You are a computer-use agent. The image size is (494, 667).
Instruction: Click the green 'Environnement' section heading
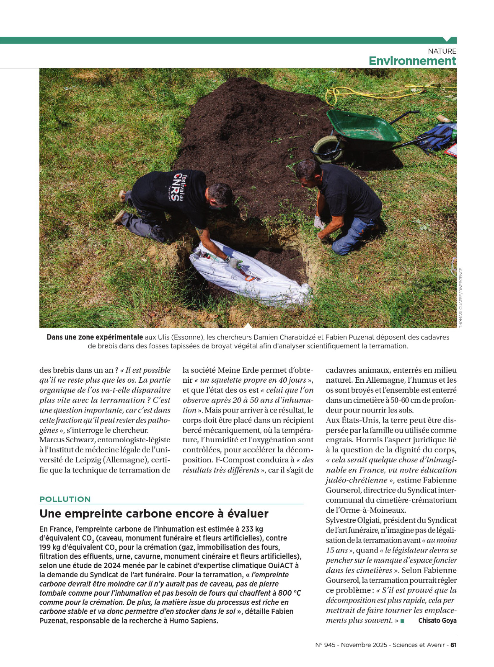click(412, 61)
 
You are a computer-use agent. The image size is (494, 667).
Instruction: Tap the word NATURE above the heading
click(442, 51)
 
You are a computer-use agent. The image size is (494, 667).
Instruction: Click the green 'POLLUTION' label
click(65, 499)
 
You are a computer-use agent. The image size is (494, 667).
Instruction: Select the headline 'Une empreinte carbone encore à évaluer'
click(154, 514)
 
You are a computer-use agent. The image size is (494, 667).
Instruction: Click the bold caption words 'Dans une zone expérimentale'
click(95, 337)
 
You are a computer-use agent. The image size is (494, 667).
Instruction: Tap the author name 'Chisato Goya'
click(437, 620)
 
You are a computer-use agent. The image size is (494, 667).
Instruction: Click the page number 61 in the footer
click(453, 645)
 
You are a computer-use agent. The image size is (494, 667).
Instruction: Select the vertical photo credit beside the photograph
click(461, 298)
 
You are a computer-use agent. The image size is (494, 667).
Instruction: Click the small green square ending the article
click(402, 621)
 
